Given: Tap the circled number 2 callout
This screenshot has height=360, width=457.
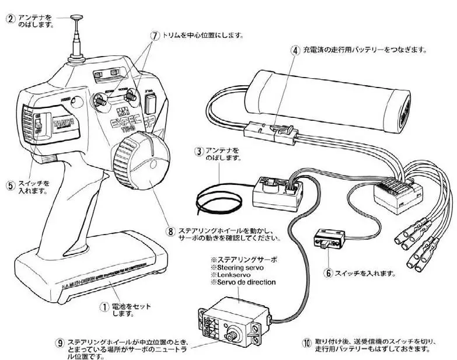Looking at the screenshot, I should tap(11, 18).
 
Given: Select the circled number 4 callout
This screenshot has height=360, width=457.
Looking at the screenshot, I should tap(295, 50).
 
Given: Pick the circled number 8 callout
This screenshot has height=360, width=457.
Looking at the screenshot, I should tap(170, 231).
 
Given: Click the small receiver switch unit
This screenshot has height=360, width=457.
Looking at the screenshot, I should tap(330, 240).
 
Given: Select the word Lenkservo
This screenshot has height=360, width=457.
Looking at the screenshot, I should tap(235, 274).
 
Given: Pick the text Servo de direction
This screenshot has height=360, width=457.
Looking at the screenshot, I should tap(247, 282).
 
